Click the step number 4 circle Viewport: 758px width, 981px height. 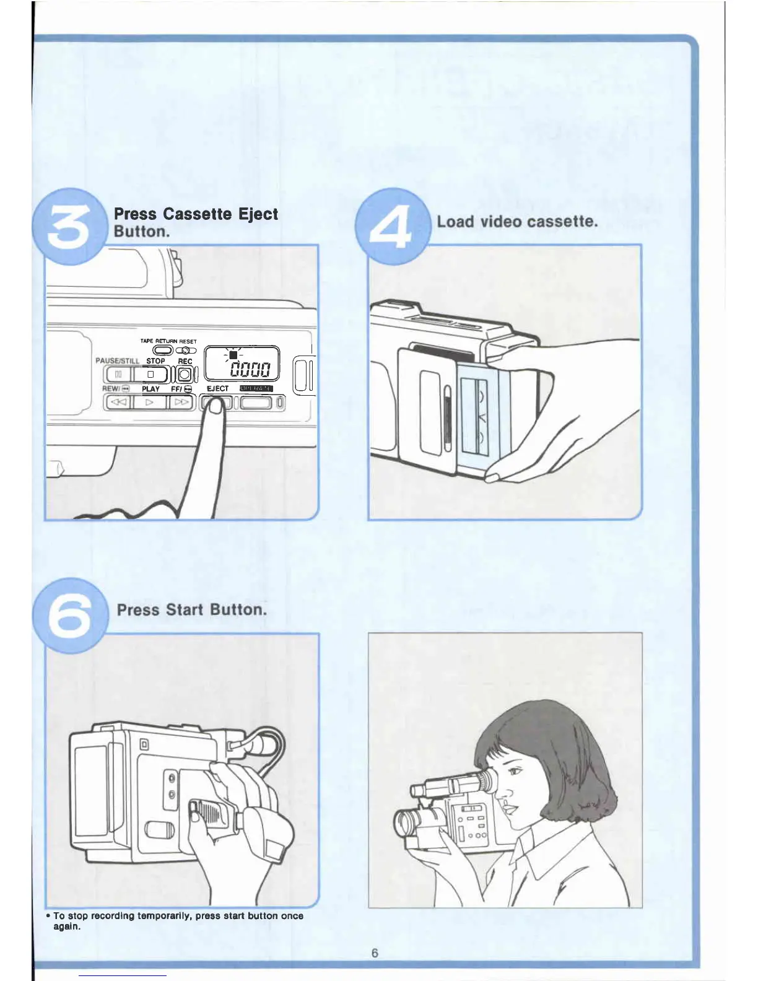pos(391,227)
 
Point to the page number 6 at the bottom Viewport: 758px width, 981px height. pos(375,953)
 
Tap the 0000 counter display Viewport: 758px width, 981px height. pos(250,370)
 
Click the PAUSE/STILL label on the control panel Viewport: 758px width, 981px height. pos(117,361)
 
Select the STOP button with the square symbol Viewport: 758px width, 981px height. pos(150,375)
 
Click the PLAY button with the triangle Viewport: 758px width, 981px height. pos(149,402)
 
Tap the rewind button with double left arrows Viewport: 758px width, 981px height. pos(117,402)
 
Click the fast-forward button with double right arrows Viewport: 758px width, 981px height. pos(181,402)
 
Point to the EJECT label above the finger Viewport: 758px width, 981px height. pos(217,389)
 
